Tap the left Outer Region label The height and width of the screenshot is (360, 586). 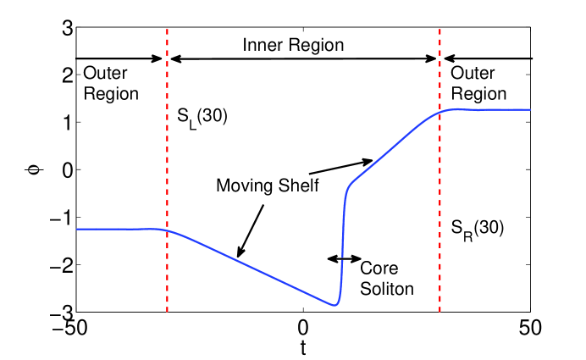click(x=111, y=84)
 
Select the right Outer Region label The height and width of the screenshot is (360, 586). click(x=478, y=84)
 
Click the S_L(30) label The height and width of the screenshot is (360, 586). click(x=202, y=116)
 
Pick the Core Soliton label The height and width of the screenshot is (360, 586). click(x=386, y=278)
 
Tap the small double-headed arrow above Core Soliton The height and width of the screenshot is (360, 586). click(x=344, y=258)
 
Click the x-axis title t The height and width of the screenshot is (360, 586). click(x=302, y=347)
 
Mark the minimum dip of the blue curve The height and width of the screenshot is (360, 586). click(x=334, y=305)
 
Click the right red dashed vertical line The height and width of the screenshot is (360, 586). click(x=439, y=186)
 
